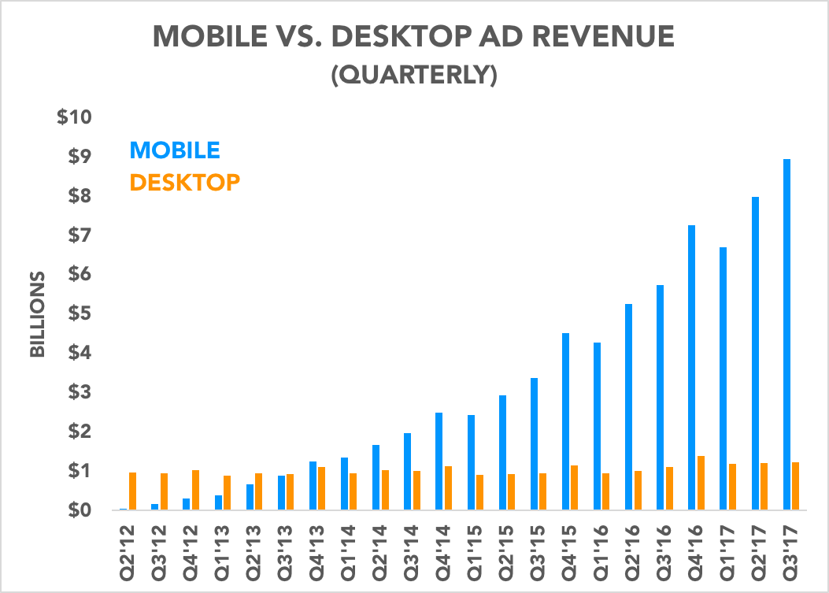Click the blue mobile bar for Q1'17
point(724,379)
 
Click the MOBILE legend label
point(175,150)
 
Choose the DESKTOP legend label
point(185,183)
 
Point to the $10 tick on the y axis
point(75,117)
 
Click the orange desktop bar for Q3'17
point(796,486)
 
